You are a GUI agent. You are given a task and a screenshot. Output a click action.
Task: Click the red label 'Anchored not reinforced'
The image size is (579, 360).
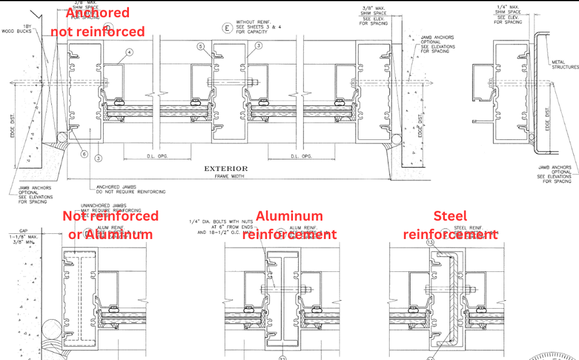(98, 22)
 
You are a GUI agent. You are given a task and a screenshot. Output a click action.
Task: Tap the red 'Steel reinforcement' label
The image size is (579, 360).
(450, 225)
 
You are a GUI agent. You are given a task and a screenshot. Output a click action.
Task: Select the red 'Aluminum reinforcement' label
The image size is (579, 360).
(289, 225)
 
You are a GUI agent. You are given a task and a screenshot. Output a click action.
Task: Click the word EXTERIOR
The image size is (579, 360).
(226, 169)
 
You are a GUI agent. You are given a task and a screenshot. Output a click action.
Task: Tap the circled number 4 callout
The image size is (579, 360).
(129, 52)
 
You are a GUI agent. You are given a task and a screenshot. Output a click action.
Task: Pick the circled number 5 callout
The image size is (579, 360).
(200, 46)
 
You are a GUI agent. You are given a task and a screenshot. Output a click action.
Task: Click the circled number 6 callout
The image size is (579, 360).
(84, 154)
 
